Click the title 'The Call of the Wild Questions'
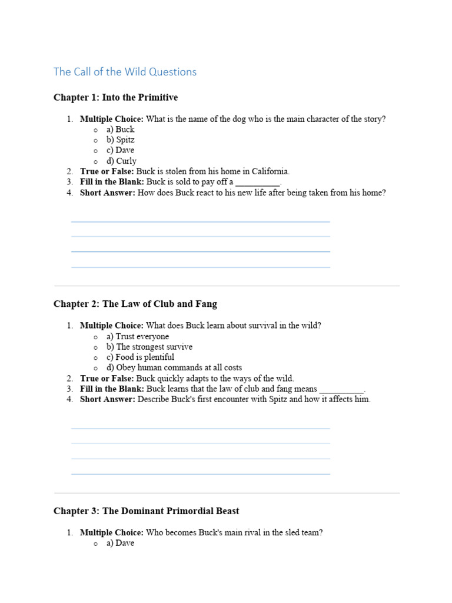[125, 72]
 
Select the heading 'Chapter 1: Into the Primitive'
[115, 97]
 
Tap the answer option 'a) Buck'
[121, 129]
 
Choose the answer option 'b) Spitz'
[121, 140]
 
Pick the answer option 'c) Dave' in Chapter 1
[121, 150]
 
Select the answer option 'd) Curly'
[121, 161]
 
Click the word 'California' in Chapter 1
[270, 171]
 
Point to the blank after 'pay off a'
[258, 183]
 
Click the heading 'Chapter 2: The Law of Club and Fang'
[135, 304]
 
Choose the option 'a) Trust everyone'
[138, 336]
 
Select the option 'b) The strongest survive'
[149, 347]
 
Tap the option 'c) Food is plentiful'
[140, 357]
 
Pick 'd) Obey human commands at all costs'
[174, 367]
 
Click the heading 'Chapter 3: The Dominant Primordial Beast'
[146, 511]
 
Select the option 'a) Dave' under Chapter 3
[121, 543]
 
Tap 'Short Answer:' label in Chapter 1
[108, 193]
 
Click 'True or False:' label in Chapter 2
[107, 378]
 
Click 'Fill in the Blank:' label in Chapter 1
[112, 182]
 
